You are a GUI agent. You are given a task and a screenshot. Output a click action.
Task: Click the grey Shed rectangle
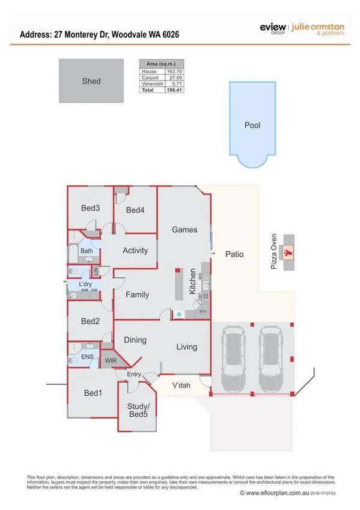coord(91,81)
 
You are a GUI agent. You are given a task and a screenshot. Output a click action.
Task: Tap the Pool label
coord(252,126)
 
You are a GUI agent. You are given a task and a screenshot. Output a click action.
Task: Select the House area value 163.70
coord(174,72)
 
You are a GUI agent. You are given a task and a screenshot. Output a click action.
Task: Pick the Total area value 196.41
coord(174,90)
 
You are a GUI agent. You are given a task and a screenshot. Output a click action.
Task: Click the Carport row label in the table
coord(150,78)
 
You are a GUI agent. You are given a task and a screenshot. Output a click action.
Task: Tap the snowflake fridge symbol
coord(179,314)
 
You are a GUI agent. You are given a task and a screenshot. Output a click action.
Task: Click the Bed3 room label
coord(90,208)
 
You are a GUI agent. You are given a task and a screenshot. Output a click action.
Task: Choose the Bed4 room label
coord(135,210)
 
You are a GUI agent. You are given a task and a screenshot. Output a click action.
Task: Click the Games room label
coord(185,230)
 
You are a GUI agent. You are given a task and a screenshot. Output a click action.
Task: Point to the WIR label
coord(111,361)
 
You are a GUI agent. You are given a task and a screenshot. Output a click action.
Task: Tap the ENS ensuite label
coord(87,357)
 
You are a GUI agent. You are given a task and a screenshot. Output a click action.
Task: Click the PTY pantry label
coord(203,313)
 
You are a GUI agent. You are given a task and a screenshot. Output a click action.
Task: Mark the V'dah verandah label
coord(182,386)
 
